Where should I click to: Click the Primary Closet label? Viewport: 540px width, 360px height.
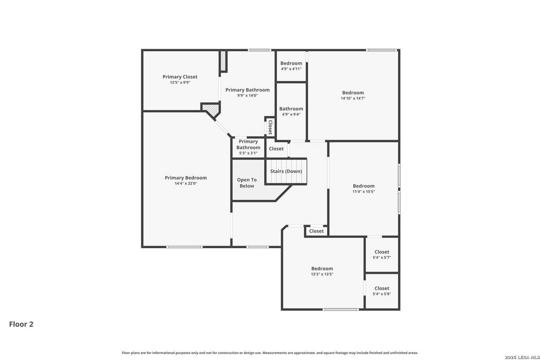click(180, 77)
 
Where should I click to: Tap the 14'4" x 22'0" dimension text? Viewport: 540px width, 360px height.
click(186, 183)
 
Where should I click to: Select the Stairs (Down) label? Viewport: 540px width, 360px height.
click(286, 171)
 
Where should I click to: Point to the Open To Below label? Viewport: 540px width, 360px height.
click(247, 183)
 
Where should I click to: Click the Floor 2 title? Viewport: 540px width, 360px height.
click(21, 324)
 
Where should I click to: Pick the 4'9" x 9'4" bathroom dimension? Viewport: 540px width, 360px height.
click(291, 114)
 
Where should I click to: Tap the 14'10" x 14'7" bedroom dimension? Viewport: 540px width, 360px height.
click(353, 98)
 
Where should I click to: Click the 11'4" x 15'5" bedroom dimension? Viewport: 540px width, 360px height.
click(364, 192)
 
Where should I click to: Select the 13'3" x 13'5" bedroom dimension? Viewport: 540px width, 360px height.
click(322, 274)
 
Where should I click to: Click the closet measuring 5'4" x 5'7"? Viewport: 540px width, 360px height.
click(382, 255)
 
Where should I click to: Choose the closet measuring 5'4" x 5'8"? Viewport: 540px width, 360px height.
click(382, 291)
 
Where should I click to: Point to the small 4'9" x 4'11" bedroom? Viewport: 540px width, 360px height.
click(291, 66)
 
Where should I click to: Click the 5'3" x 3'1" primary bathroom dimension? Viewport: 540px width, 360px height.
click(248, 153)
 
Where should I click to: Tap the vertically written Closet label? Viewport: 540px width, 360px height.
click(271, 127)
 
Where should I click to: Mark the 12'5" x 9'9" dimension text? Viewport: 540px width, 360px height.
click(180, 83)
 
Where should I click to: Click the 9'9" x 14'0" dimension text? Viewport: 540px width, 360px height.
click(247, 96)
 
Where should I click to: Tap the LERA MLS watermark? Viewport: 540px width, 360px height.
click(522, 357)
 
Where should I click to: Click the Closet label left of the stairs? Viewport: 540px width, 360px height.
click(276, 149)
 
